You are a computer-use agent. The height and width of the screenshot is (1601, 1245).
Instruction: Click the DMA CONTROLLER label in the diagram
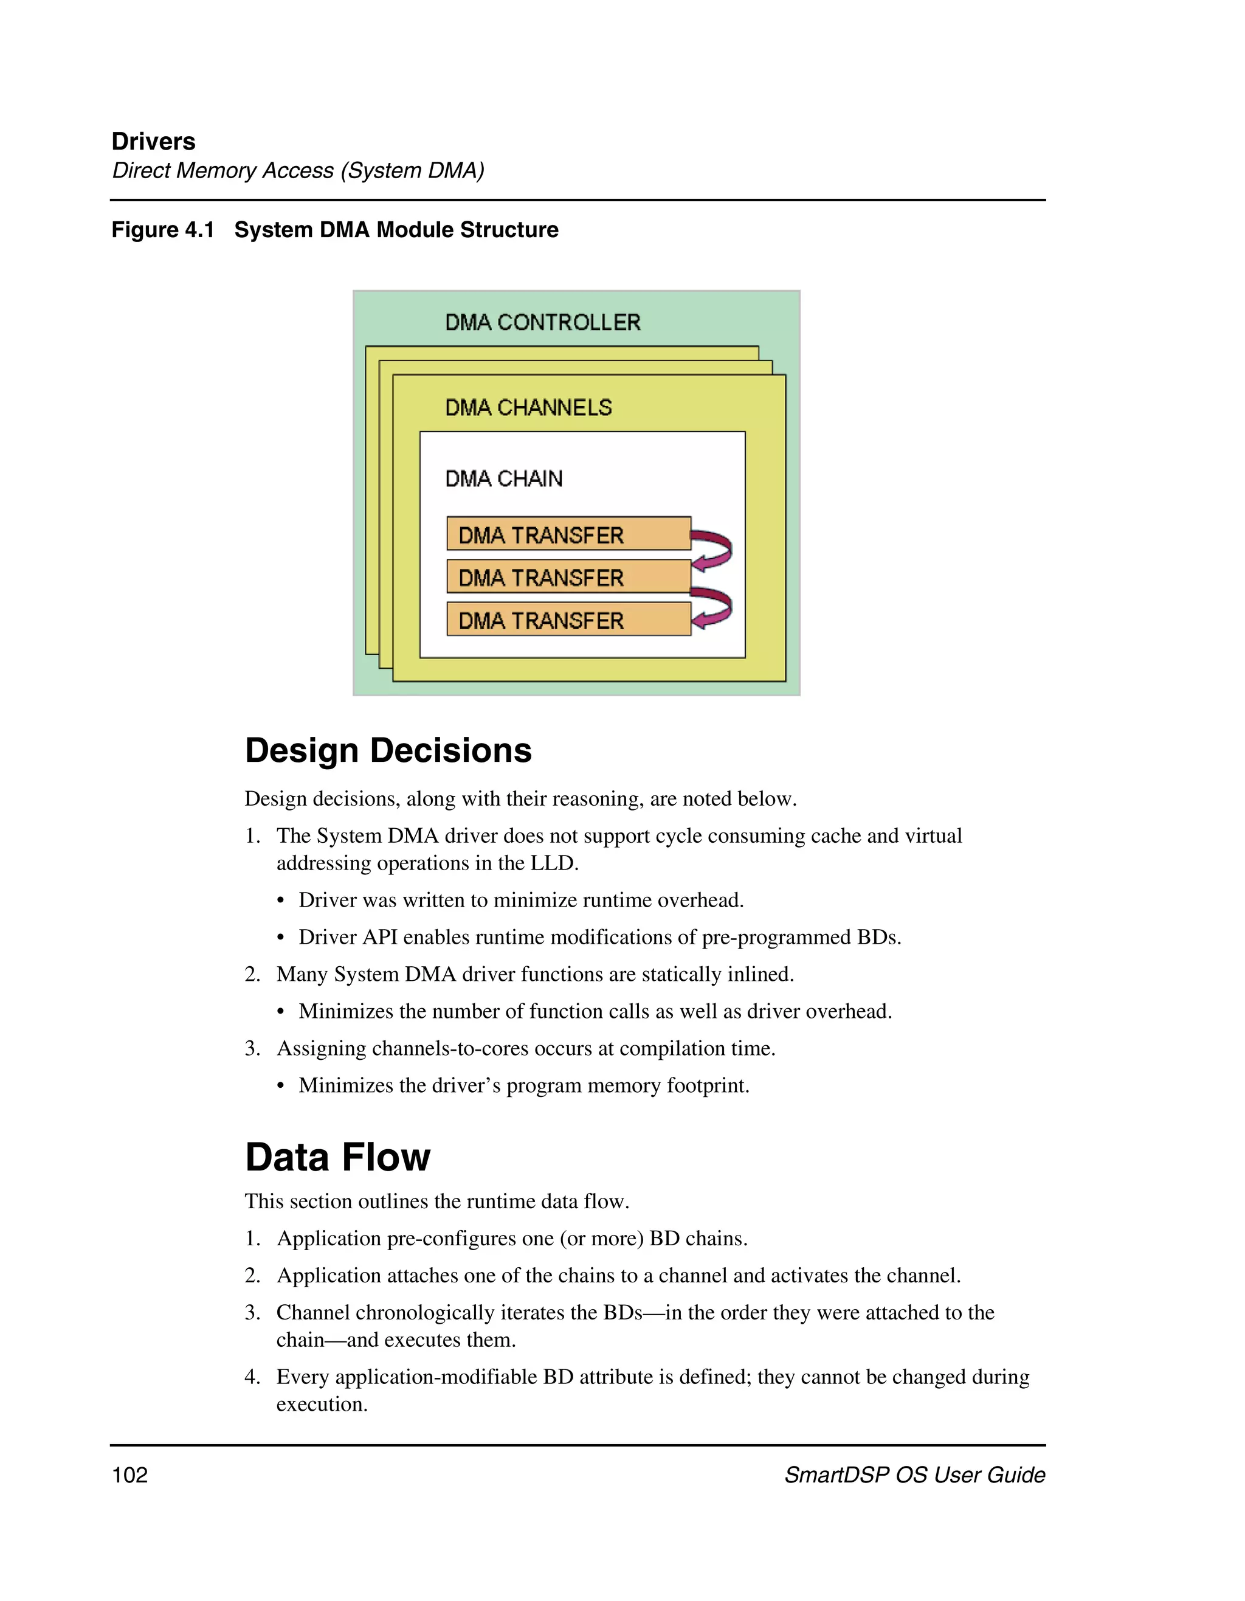(542, 322)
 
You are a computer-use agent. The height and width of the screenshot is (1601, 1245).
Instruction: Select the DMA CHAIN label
(504, 479)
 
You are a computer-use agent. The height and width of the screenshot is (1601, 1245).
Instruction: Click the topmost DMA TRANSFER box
(568, 534)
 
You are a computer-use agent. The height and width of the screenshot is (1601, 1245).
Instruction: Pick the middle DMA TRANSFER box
(568, 577)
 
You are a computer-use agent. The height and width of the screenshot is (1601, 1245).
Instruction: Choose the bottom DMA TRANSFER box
(568, 620)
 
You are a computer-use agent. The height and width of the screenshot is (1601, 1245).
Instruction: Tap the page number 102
(129, 1475)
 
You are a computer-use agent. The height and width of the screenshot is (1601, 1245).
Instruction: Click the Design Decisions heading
(388, 751)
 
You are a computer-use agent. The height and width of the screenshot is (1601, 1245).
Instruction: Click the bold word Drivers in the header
(153, 142)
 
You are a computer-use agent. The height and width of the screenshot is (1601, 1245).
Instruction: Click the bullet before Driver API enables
(281, 938)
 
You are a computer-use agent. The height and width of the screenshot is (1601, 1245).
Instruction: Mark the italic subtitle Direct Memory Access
(297, 171)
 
